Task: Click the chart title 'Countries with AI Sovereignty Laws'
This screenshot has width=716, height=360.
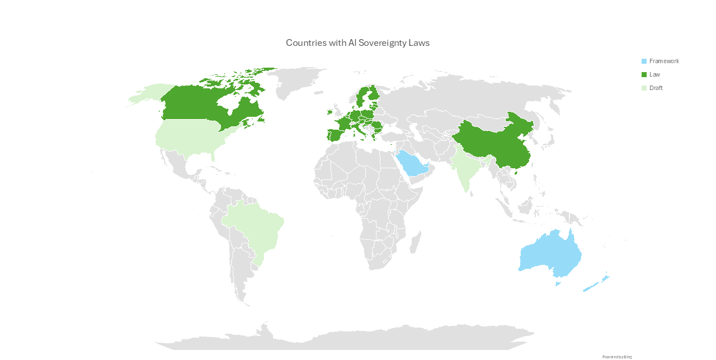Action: [x=357, y=42]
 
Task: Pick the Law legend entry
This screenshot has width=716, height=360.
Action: [x=654, y=74]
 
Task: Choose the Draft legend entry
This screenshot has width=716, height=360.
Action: [x=656, y=88]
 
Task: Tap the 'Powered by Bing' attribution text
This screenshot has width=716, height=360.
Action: [x=617, y=357]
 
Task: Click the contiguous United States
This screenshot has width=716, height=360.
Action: [x=190, y=137]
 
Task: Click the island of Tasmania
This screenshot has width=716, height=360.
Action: [x=558, y=283]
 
